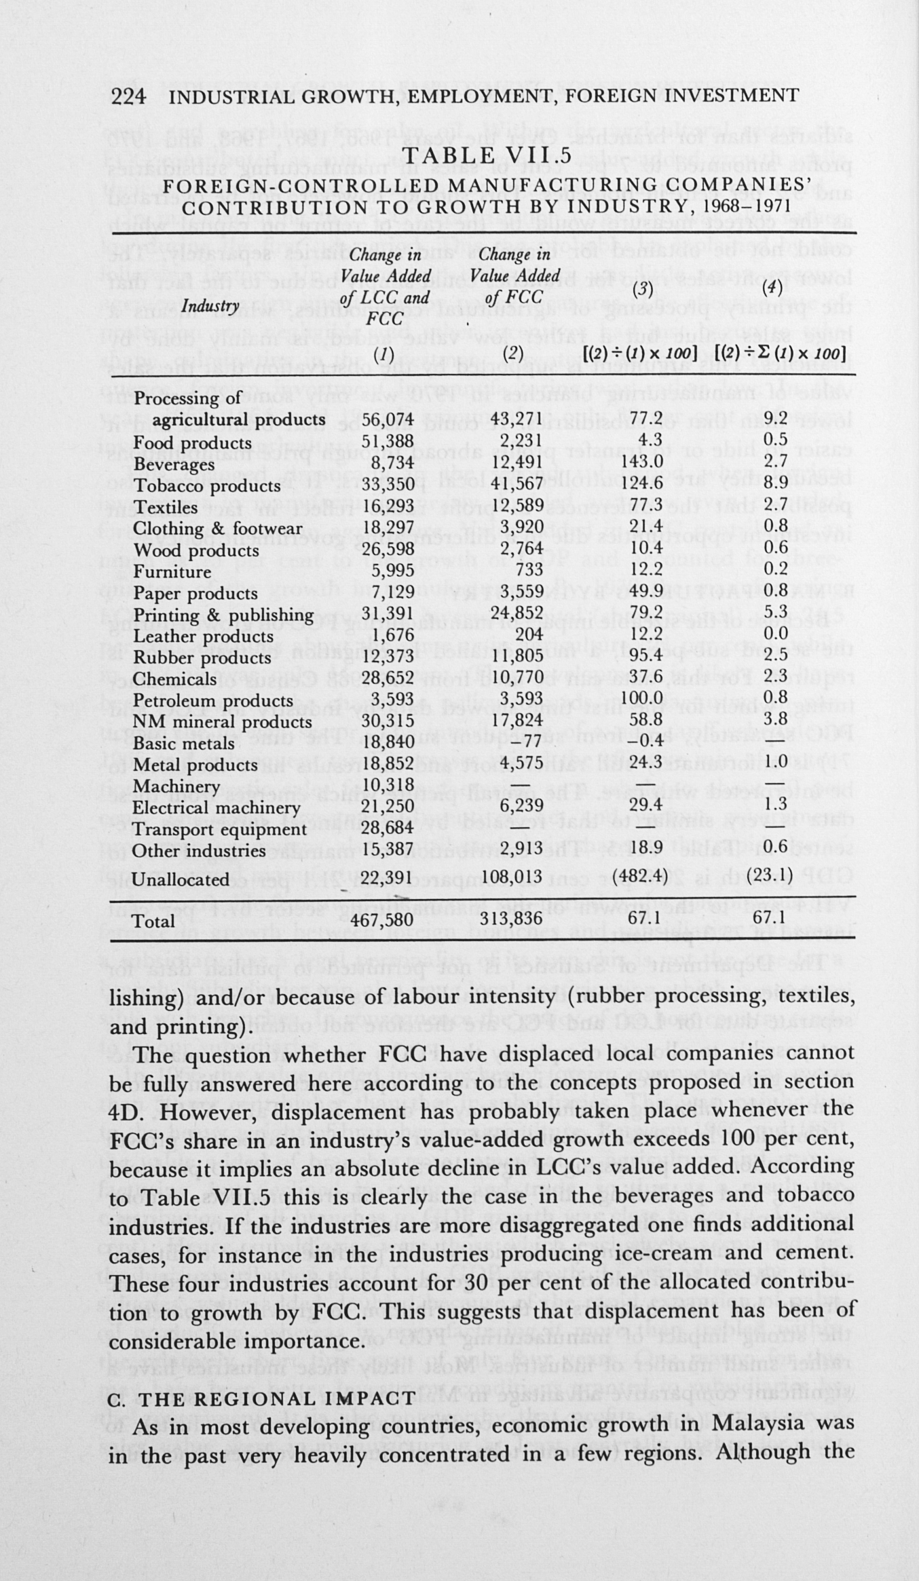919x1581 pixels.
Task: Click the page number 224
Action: point(128,96)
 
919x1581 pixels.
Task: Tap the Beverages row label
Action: point(174,464)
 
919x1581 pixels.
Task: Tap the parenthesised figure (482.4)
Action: point(638,879)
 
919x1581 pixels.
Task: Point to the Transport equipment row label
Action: point(219,830)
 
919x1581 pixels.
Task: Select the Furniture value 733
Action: point(527,571)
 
